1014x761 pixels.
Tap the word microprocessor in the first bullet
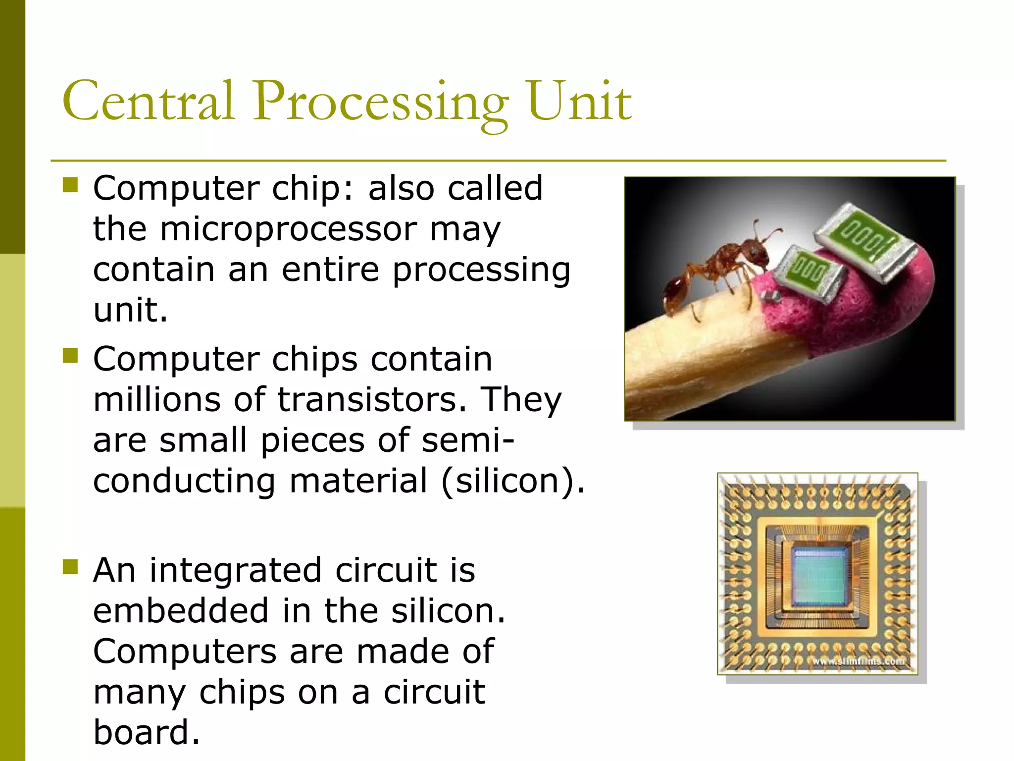(x=289, y=229)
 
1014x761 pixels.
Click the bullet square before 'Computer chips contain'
(x=71, y=355)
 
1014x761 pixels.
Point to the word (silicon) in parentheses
(x=512, y=481)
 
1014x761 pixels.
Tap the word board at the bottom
(x=146, y=732)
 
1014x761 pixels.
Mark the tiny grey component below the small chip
(x=771, y=297)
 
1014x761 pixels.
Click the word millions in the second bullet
(x=156, y=399)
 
